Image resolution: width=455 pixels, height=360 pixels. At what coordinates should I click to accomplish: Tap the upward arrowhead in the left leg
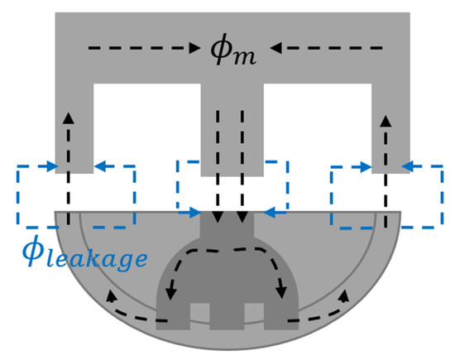click(68, 116)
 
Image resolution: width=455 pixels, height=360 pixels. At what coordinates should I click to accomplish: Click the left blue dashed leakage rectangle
click(75, 196)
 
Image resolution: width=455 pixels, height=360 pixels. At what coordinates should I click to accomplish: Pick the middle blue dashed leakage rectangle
click(232, 190)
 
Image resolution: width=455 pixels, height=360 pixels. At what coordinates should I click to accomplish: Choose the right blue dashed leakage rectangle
click(386, 196)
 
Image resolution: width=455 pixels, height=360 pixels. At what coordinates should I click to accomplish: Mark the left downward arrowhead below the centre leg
click(217, 218)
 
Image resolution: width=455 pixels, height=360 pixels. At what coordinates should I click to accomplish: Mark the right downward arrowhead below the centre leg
click(242, 218)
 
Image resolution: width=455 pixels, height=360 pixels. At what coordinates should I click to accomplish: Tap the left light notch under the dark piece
click(199, 313)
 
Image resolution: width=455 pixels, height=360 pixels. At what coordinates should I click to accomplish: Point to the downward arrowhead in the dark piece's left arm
click(172, 292)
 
